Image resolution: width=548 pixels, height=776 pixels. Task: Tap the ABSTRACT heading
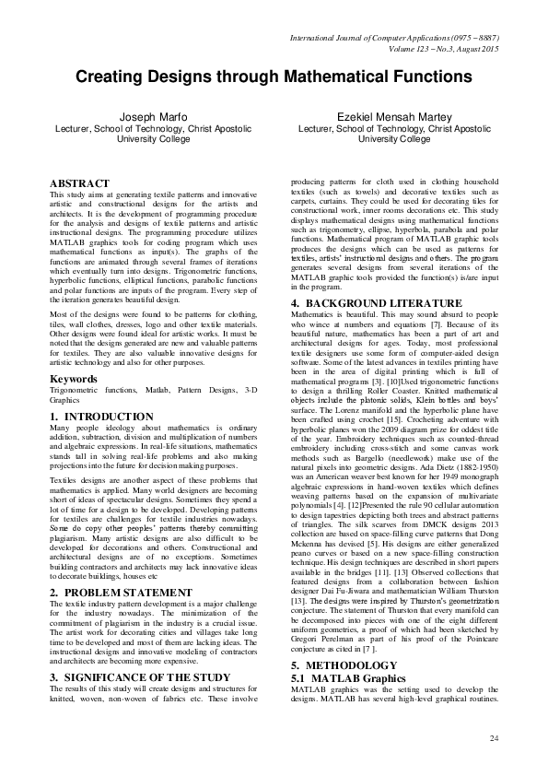[79, 184]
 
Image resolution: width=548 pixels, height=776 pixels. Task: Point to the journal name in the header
[394, 36]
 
